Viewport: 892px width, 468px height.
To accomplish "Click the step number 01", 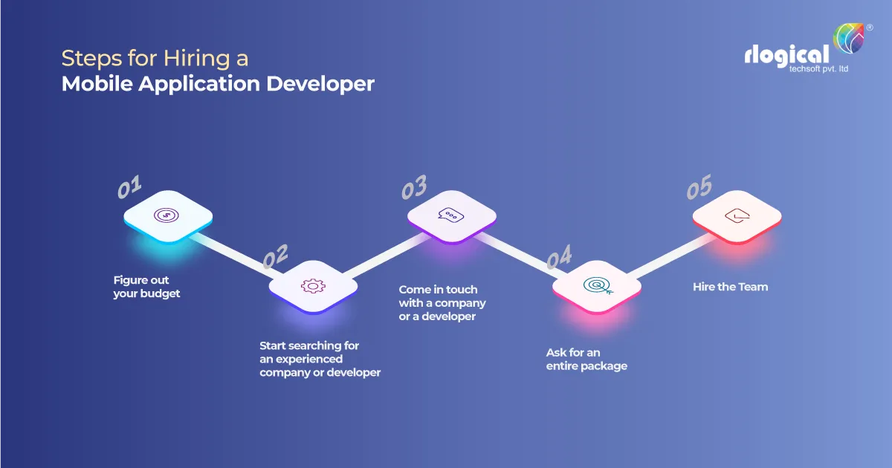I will tap(130, 187).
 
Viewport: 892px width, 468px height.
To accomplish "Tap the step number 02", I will tap(275, 257).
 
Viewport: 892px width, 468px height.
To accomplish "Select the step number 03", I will tap(414, 188).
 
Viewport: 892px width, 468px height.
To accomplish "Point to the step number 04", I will tap(559, 258).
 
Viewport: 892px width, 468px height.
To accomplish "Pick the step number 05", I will tap(699, 188).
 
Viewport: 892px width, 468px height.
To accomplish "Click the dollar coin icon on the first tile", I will tap(167, 215).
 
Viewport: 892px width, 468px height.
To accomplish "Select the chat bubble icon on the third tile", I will tap(451, 215).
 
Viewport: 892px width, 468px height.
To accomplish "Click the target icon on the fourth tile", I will tap(595, 285).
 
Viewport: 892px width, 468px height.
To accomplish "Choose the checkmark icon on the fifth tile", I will tap(736, 215).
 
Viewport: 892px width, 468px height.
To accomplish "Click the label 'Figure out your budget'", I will tap(146, 287).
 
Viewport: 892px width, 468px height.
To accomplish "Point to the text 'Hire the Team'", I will tap(730, 287).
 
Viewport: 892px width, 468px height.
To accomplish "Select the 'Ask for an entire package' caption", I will tap(586, 359).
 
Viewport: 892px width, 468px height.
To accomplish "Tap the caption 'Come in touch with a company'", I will tap(442, 303).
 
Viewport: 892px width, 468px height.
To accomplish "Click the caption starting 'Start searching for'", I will tap(320, 359).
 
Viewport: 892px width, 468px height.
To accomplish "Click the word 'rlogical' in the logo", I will tap(786, 56).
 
